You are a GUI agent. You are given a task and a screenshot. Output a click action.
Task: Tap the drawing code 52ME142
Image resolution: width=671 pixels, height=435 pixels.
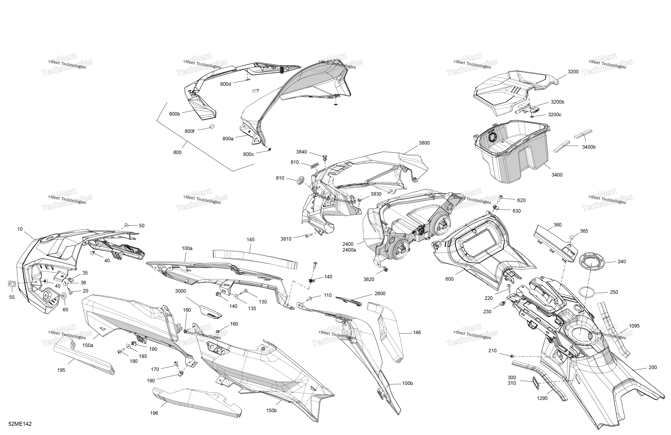(x=20, y=424)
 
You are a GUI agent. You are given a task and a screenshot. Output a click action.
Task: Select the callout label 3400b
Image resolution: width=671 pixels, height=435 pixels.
(x=589, y=147)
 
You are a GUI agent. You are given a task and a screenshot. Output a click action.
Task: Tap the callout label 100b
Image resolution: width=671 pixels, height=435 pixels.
(x=407, y=383)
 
